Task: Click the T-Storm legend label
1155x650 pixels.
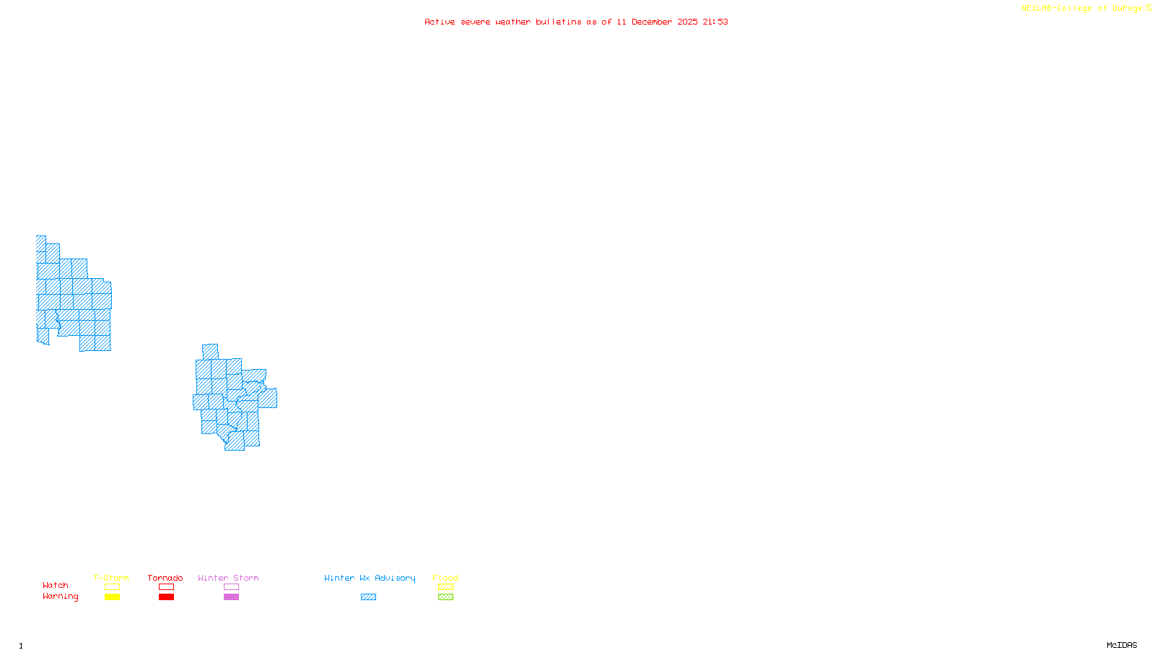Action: point(111,578)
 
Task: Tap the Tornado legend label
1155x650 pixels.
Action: point(165,578)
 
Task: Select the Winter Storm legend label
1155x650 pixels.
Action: point(228,578)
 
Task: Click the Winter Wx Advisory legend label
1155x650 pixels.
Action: point(370,578)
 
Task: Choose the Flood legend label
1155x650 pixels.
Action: point(445,578)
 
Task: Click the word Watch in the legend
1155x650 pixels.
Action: point(56,585)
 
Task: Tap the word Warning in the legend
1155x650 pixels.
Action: point(61,597)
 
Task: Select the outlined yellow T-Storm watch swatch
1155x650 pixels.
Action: point(112,587)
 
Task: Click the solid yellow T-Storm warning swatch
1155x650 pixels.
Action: point(112,597)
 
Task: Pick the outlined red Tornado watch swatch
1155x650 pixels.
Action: point(166,587)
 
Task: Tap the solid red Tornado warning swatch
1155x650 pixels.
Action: point(166,597)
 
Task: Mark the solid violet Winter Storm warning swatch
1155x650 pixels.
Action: point(231,597)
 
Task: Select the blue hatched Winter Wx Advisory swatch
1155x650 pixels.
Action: point(368,597)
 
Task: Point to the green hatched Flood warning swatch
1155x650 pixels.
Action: point(445,597)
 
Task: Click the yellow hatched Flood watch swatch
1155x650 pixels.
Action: point(445,587)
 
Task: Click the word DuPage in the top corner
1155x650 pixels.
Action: point(1127,8)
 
